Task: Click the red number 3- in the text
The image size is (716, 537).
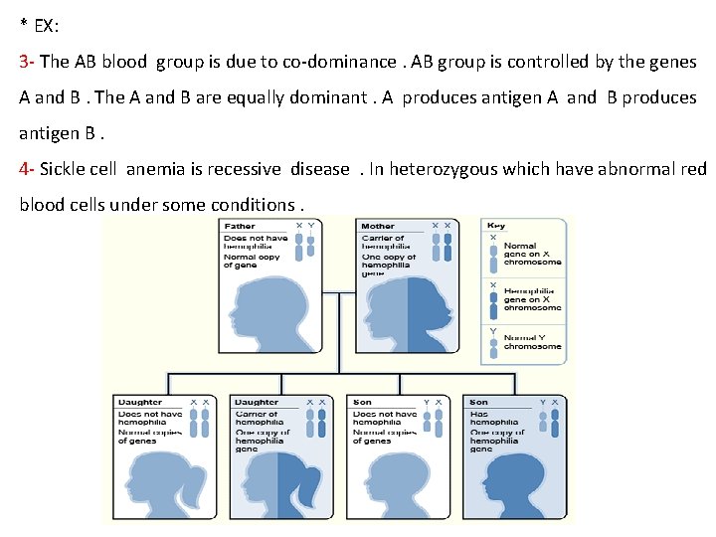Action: point(27,62)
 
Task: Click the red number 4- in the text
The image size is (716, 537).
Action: point(27,169)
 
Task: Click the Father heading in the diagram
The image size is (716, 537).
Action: point(240,227)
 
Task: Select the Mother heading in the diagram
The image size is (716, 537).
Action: point(378,227)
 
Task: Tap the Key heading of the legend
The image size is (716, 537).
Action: point(495,227)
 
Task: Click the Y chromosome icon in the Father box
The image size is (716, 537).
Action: point(312,250)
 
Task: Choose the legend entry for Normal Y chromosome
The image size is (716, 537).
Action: point(532,341)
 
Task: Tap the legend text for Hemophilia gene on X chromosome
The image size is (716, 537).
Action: point(532,298)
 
